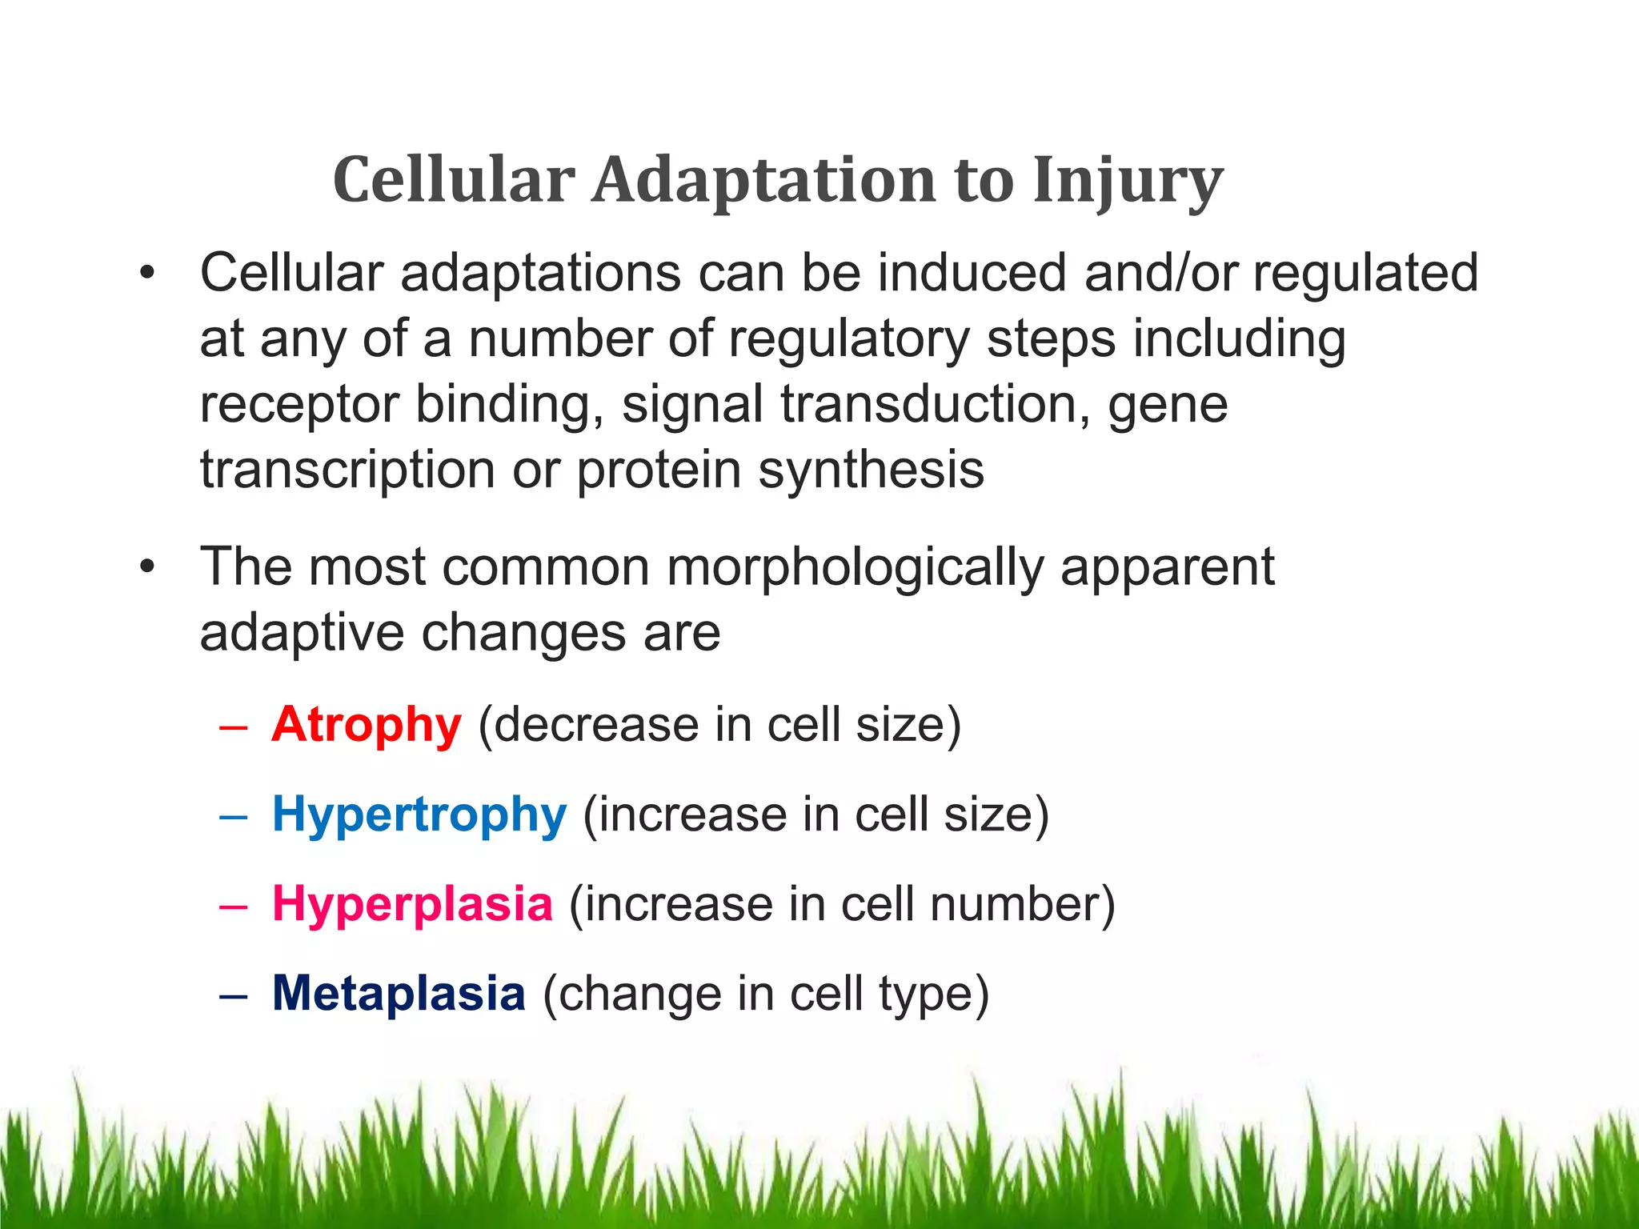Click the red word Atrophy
(367, 725)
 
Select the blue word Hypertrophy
(419, 815)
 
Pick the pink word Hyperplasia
(412, 904)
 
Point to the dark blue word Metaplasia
(399, 994)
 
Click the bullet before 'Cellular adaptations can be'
(146, 274)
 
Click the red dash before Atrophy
(232, 727)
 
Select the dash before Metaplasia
(232, 995)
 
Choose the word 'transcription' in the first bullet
(347, 470)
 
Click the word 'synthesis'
(871, 470)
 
